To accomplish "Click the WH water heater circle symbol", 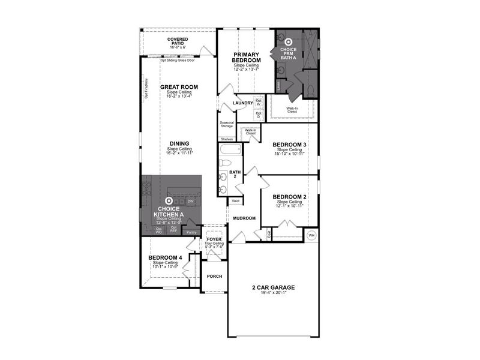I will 311,235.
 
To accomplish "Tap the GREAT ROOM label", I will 179,87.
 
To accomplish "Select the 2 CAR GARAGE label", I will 273,287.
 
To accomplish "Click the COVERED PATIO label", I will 177,41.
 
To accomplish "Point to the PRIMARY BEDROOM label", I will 247,58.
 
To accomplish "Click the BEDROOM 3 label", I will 290,145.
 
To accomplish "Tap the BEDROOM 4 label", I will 165,258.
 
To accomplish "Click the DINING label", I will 179,143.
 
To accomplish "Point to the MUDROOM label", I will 244,218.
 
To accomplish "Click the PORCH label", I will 214,277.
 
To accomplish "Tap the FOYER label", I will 214,239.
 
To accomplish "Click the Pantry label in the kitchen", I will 191,232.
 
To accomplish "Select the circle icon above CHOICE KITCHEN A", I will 169,201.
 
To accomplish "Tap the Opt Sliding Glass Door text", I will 178,60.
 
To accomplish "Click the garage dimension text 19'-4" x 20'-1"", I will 273,294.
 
